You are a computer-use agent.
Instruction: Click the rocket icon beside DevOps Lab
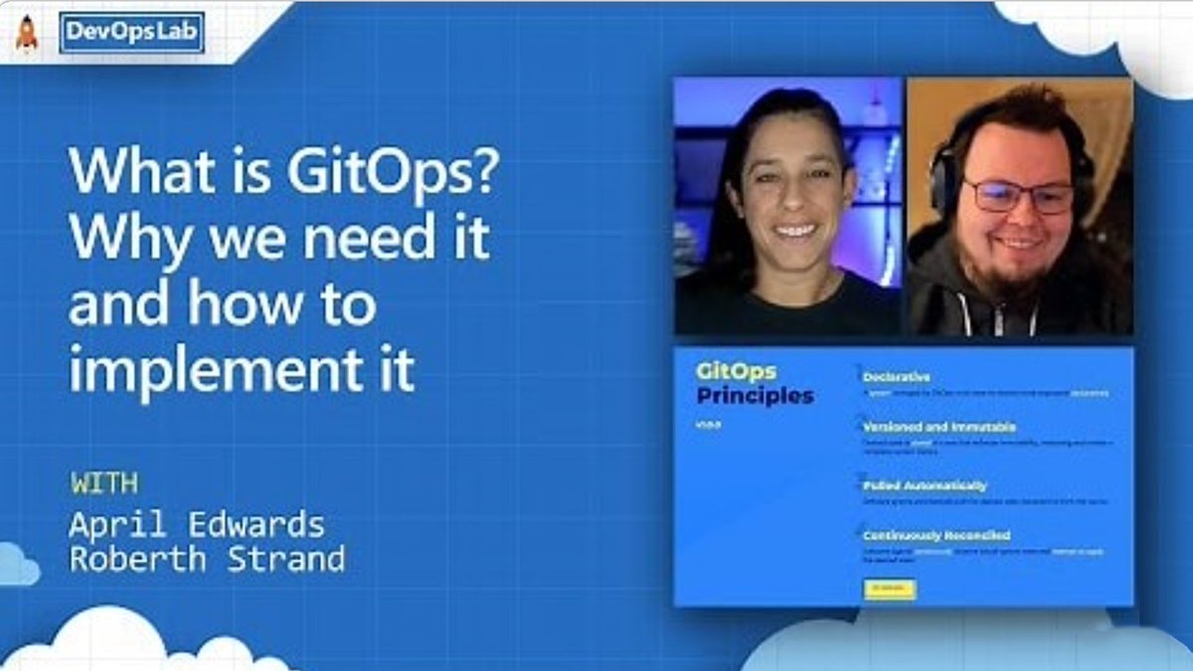coord(26,33)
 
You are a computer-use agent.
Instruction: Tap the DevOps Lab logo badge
coord(132,33)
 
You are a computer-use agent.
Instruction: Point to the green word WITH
coord(104,484)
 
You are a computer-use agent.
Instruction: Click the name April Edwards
coord(197,524)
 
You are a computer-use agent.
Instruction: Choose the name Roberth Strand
coord(207,559)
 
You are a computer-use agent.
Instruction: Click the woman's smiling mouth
coord(795,230)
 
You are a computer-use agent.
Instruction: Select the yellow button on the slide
coord(890,589)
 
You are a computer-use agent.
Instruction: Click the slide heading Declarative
coord(897,378)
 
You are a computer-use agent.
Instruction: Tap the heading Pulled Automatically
coord(925,486)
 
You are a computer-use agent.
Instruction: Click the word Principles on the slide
coord(755,396)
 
